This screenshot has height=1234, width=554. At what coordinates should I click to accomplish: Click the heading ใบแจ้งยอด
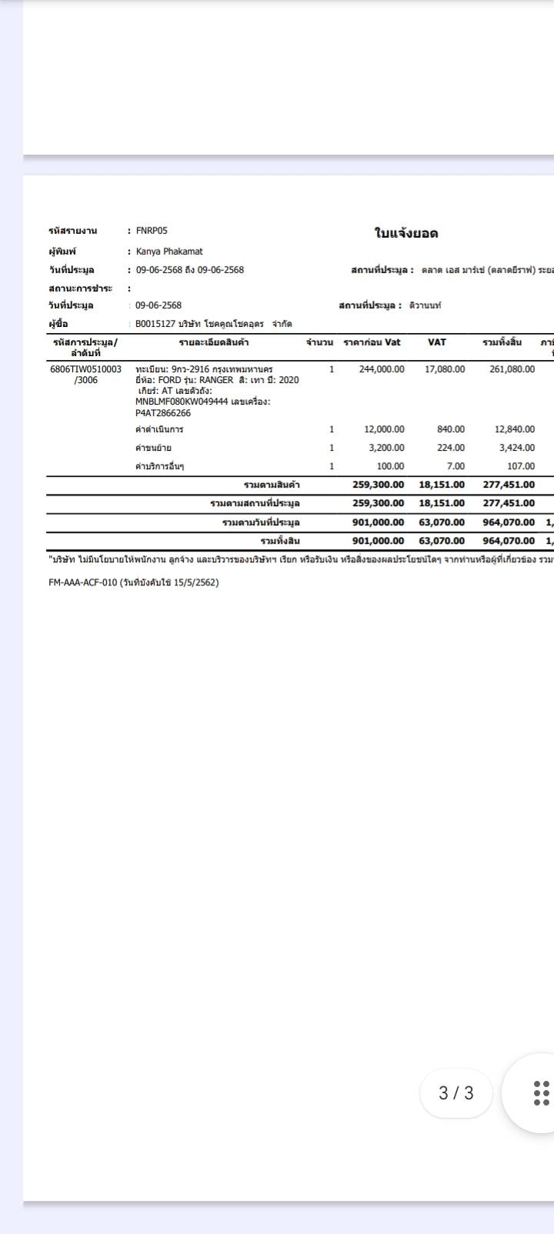point(406,233)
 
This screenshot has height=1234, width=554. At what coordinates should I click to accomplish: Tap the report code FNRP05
point(152,230)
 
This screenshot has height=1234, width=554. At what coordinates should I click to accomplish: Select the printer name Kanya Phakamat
point(169,251)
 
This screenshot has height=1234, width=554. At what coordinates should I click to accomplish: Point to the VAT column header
point(436,342)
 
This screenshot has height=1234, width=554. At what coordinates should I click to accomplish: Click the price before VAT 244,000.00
point(381,369)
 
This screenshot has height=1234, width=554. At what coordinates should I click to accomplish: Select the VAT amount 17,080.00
point(445,369)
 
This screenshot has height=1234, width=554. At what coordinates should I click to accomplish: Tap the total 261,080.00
point(512,369)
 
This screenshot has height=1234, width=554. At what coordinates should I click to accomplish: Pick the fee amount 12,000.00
point(384,429)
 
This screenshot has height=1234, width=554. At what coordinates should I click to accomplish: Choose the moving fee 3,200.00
point(386,448)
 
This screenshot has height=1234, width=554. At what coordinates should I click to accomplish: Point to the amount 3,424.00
point(516,448)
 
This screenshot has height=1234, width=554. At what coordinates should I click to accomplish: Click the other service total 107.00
point(521,466)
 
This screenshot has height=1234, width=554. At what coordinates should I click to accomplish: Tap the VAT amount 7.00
point(456,466)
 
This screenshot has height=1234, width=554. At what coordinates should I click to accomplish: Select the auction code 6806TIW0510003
point(85,369)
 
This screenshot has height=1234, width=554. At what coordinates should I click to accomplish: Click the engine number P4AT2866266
point(163,413)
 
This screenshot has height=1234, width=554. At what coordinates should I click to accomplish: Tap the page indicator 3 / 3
point(456,1092)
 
